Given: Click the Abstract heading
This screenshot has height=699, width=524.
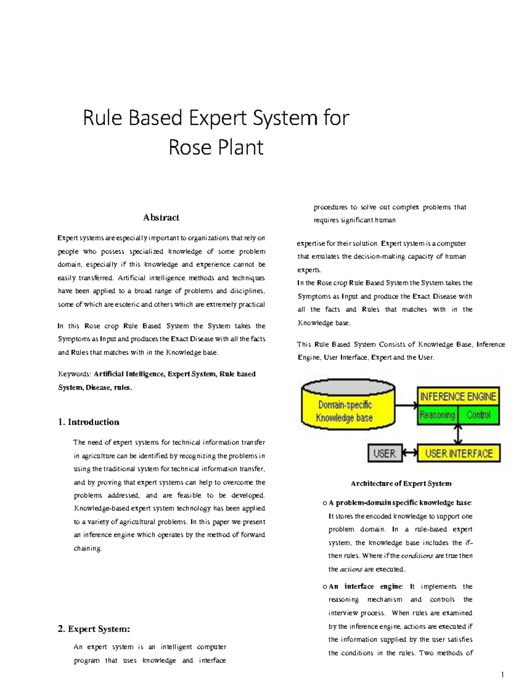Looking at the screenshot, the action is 161,217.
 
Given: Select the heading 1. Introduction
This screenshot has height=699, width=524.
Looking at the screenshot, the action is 88,422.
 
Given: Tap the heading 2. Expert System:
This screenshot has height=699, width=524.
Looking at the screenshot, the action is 93,629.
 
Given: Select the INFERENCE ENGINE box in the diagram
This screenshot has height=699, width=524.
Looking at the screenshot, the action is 458,397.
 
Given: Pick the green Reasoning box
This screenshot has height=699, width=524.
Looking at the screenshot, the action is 437,415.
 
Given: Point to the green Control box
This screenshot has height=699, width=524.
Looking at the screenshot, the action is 478,415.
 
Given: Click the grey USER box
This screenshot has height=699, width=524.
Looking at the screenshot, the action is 384,453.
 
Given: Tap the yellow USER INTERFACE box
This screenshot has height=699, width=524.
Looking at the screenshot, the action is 459,453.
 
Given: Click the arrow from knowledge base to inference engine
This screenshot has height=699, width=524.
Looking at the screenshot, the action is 406,405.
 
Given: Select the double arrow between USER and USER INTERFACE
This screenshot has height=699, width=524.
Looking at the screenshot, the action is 410,453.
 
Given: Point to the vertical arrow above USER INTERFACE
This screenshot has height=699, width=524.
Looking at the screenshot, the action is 458,435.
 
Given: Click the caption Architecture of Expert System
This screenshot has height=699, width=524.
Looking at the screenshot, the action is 401,483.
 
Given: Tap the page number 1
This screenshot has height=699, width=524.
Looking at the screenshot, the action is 503,675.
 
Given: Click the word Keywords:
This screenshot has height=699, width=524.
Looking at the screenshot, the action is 74,374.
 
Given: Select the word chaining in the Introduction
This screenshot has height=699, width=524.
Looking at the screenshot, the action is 87,548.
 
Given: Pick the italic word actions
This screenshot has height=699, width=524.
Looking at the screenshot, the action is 351,569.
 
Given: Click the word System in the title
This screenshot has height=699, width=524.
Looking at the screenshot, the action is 281,118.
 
